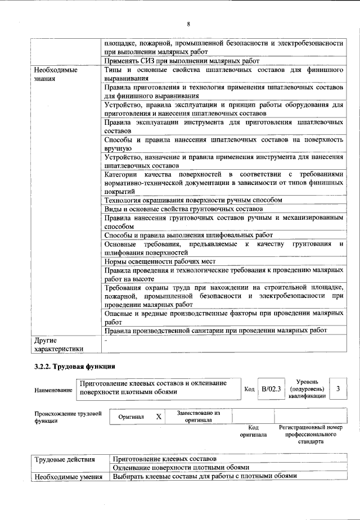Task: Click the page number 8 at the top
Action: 188,24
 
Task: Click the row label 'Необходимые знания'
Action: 56,75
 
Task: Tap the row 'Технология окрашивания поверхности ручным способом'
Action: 193,200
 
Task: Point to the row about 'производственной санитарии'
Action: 216,330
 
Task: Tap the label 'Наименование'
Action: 53,390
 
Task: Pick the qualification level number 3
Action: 337,388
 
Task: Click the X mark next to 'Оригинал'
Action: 159,417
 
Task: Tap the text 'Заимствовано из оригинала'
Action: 198,416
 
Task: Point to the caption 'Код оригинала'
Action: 253,431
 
